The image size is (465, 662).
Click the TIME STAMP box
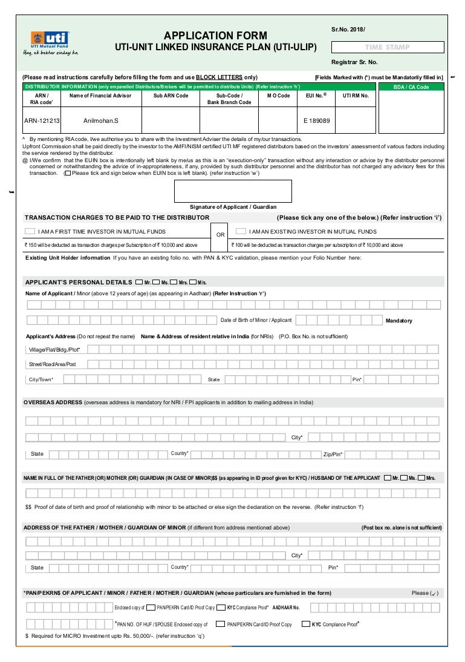pos(388,47)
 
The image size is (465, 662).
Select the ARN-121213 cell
pos(42,120)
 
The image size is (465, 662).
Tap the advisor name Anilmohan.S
pos(101,120)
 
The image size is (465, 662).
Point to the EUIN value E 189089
pos(317,120)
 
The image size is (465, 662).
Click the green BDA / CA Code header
pos(411,87)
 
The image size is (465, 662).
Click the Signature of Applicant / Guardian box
pos(233,191)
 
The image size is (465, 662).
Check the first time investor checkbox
pos(30,231)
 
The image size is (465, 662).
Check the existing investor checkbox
pos(241,231)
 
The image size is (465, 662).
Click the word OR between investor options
pos(220,235)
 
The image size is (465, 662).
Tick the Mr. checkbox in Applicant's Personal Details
pos(140,282)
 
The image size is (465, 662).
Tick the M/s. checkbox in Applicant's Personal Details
pos(193,282)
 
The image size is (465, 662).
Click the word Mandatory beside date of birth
pos(399,321)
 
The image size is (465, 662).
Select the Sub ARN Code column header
pos(171,96)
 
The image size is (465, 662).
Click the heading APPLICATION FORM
pos(215,36)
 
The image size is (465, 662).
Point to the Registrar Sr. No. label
pos(354,62)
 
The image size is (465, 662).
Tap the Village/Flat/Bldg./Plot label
pos(54,350)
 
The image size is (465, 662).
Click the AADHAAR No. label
pos(286,607)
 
